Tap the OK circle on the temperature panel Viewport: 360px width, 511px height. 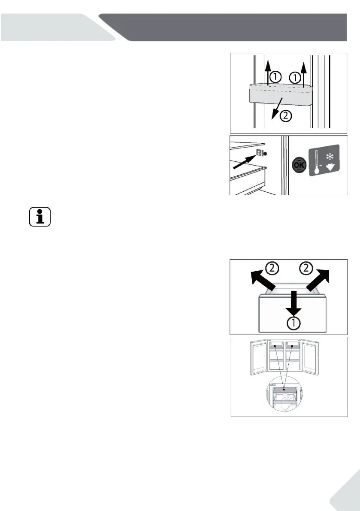click(x=299, y=166)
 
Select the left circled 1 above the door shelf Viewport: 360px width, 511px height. click(x=275, y=77)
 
